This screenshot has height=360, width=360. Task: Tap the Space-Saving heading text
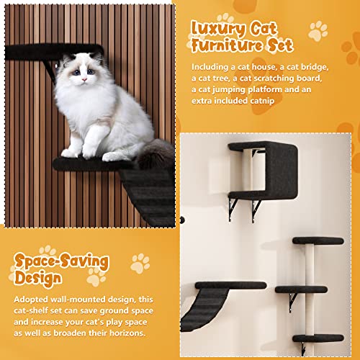(x=61, y=259)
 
